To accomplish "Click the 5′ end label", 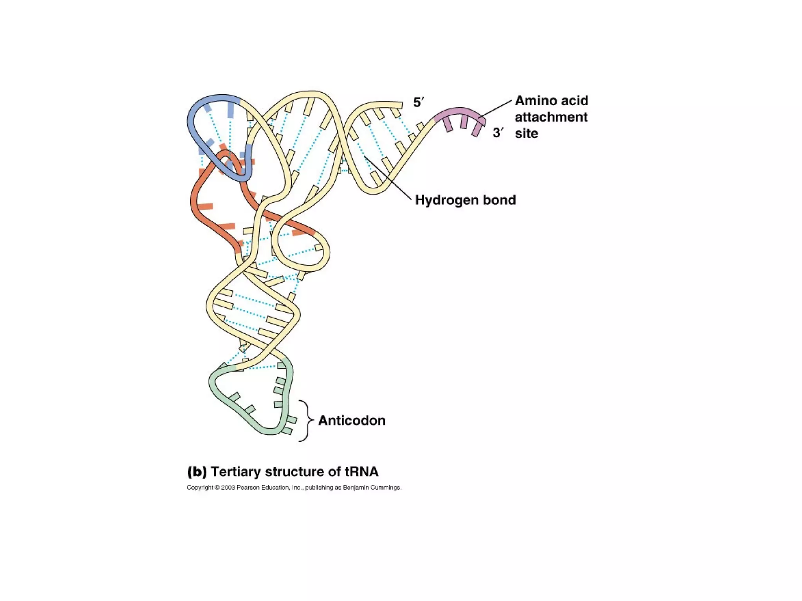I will coord(418,103).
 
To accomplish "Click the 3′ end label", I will coord(498,133).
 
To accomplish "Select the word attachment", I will coord(551,117).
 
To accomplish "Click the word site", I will coord(526,133).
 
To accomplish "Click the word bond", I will coord(499,200).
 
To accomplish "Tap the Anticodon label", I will coord(352,420).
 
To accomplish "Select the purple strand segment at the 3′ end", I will coord(458,111).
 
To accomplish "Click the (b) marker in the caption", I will coord(197,471).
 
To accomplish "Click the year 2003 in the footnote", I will coord(228,488).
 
